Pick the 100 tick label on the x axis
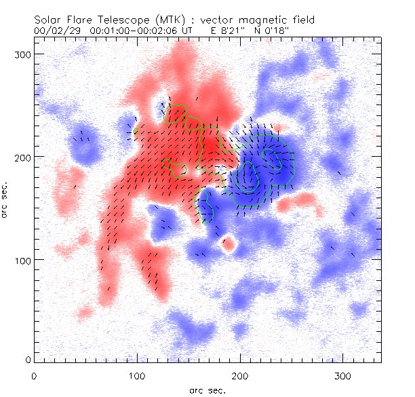pyautogui.click(x=136, y=374)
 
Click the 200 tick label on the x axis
pyautogui.click(x=240, y=374)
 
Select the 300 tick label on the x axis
pyautogui.click(x=343, y=374)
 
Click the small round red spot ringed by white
pyautogui.click(x=229, y=242)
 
